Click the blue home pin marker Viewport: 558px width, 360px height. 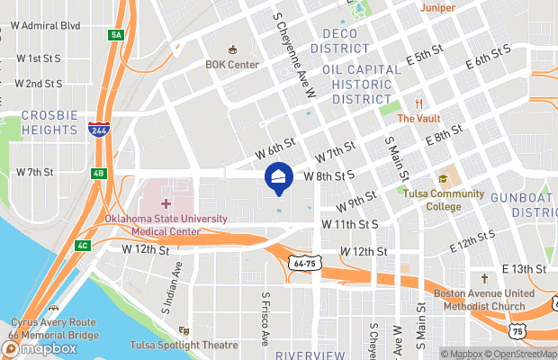pos(278,176)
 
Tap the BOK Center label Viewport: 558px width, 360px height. pos(231,64)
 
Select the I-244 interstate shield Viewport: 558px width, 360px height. pos(100,130)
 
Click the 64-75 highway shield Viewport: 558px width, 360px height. pos(302,262)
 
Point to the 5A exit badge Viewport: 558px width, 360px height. pos(115,35)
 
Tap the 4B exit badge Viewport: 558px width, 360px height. pos(99,174)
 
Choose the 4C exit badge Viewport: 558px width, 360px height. pos(83,245)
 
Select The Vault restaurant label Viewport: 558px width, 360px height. pos(418,118)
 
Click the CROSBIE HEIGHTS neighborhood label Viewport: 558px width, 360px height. pos(49,122)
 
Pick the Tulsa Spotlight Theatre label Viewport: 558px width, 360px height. pos(214,345)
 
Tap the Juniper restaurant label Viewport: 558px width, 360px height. pos(437,7)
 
